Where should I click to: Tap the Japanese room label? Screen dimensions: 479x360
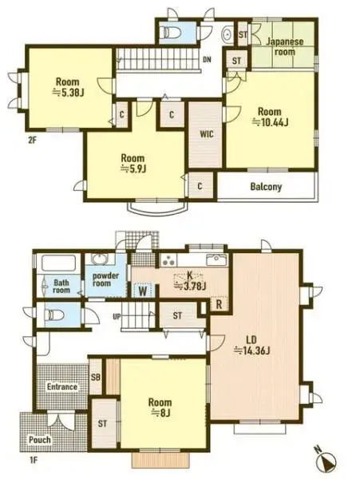(x=284, y=46)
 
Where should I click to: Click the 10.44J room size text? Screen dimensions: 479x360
(x=270, y=122)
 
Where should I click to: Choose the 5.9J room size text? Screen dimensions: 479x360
(x=132, y=168)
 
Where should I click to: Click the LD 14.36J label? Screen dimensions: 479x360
(x=251, y=350)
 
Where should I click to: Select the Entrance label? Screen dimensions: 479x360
(x=61, y=387)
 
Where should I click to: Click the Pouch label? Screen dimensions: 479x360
(x=39, y=440)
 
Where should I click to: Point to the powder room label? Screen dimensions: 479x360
(x=105, y=280)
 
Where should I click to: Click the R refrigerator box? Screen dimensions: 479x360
(x=219, y=304)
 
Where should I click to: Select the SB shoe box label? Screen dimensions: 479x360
(x=96, y=378)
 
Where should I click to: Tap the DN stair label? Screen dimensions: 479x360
(x=206, y=59)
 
